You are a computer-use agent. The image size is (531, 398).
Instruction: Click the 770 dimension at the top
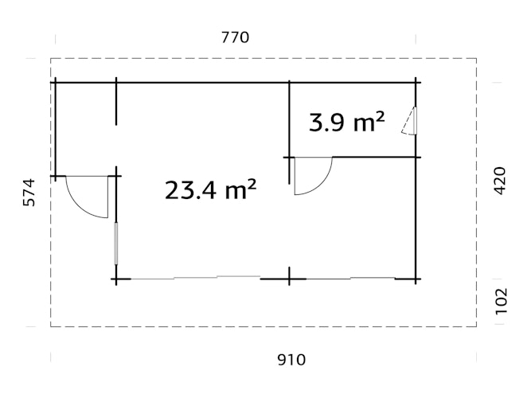[235, 37]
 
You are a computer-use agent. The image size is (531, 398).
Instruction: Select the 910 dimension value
[291, 360]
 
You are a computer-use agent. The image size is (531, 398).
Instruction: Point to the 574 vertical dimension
[29, 193]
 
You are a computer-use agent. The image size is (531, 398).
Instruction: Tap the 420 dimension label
[500, 181]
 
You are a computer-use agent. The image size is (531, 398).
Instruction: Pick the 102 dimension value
[500, 302]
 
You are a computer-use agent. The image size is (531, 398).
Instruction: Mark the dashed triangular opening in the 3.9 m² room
[409, 122]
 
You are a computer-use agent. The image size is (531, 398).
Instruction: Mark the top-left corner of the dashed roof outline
[51, 58]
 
